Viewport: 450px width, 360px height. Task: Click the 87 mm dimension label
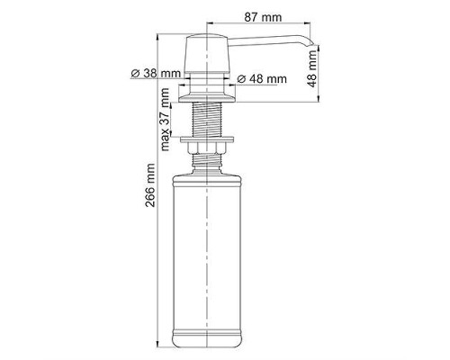263,17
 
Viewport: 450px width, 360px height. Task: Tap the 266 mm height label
150,185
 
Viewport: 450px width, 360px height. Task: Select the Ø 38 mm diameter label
157,73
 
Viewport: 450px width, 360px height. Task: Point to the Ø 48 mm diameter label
262,79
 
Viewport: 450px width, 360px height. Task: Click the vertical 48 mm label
312,69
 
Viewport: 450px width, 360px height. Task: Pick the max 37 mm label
165,120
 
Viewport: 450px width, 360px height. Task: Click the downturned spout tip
310,44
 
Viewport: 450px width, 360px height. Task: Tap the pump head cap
207,54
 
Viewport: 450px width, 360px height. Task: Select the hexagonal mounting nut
207,148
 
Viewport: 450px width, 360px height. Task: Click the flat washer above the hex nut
207,139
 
